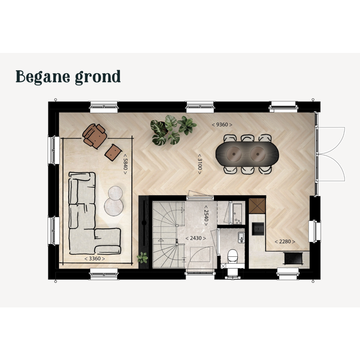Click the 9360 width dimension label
coord(222,125)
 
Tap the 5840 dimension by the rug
coord(125,164)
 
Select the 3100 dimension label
coord(200,164)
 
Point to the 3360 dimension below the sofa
coord(95,258)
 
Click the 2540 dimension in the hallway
coord(206,215)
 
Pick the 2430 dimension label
coord(195,238)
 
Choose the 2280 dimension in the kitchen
coord(285,242)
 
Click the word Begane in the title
coord(43,76)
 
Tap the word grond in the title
coord(98,77)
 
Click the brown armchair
coord(95,136)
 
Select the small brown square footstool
coord(113,152)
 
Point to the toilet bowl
coord(232,256)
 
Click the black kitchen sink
coord(258,229)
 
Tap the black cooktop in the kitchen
coord(293,258)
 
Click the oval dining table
coord(247,154)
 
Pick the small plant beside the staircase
coord(142,258)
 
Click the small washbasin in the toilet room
coord(241,237)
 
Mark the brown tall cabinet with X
coord(257,206)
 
